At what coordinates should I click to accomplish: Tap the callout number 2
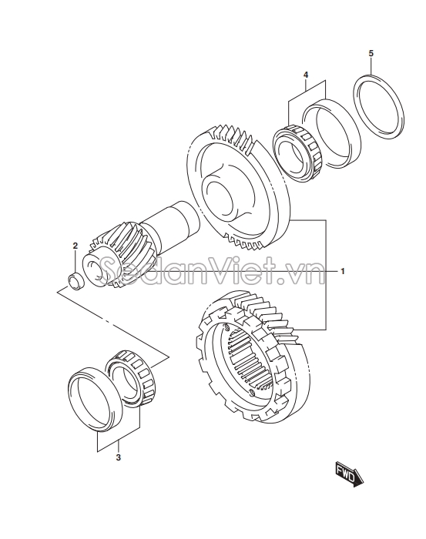click(x=75, y=246)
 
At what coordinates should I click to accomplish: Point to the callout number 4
click(x=306, y=75)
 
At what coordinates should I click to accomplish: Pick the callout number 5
click(x=371, y=53)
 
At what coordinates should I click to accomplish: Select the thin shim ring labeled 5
click(x=379, y=107)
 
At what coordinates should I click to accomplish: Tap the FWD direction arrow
click(x=347, y=475)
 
